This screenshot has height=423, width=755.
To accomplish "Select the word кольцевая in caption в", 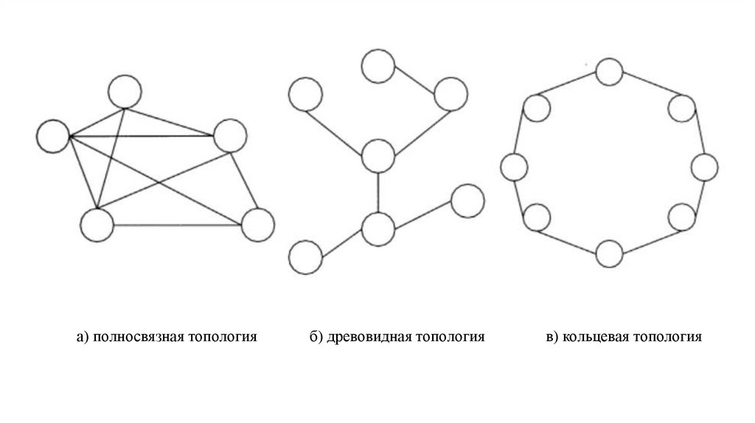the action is click(x=596, y=338).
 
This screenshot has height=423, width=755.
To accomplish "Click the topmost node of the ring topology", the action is click(x=609, y=72).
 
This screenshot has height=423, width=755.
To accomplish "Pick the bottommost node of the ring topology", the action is click(x=609, y=254).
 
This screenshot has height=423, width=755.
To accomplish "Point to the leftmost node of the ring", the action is click(x=515, y=167).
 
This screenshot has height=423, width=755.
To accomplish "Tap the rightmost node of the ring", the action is click(x=703, y=167).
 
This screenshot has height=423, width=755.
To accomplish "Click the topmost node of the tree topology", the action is click(x=377, y=64).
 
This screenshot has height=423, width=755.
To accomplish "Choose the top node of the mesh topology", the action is click(x=123, y=91).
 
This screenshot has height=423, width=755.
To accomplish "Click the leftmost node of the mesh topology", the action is click(x=53, y=136).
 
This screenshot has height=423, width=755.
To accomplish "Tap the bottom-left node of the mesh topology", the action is click(x=97, y=224).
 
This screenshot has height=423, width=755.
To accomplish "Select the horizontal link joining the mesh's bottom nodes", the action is click(x=177, y=224).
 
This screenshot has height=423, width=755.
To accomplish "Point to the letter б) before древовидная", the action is click(x=316, y=338).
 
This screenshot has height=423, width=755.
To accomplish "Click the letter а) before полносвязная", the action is click(x=82, y=338).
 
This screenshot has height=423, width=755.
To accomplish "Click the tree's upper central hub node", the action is click(x=378, y=155).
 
